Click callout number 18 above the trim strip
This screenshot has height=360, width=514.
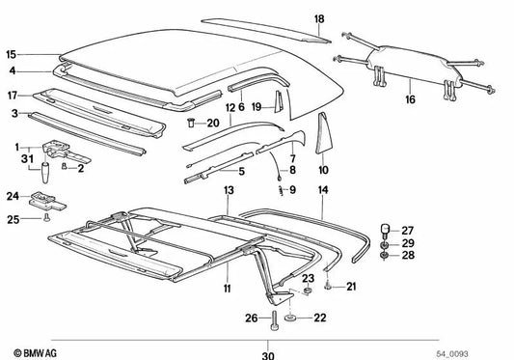[319, 18]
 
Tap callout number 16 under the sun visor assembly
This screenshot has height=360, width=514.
[411, 99]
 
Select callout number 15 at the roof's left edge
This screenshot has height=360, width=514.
[11, 55]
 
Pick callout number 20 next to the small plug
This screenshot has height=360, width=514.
[213, 123]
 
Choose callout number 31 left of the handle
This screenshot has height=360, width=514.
[27, 159]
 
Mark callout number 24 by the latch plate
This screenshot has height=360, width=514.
[13, 197]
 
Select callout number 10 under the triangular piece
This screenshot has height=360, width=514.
[323, 169]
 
